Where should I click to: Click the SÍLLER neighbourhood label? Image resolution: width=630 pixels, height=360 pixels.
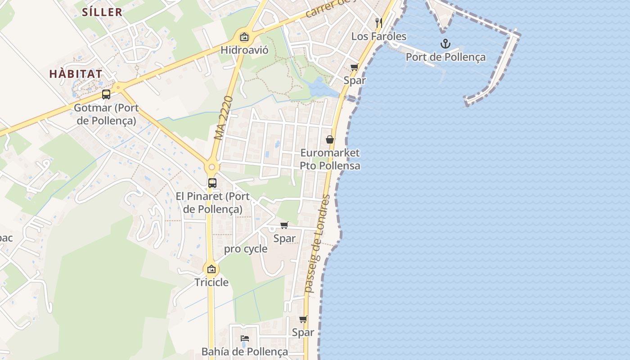coord(102,12)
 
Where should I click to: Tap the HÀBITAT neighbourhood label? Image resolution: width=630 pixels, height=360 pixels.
coord(76,74)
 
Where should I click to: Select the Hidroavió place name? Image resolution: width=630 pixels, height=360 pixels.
coord(244,50)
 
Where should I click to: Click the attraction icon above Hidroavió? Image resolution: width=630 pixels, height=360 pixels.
coord(244,37)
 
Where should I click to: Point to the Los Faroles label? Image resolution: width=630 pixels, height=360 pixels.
coord(378,36)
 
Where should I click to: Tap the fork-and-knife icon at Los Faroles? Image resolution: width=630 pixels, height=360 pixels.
coord(378,22)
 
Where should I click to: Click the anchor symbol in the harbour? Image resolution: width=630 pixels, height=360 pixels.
coord(445,44)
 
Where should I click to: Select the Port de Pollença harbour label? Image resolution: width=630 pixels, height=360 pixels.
coord(445,57)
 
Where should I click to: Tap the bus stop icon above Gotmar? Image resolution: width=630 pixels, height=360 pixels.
coord(106,94)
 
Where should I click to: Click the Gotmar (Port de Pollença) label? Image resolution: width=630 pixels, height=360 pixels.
coord(106,114)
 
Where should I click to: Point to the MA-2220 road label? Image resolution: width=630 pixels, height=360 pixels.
coord(224,117)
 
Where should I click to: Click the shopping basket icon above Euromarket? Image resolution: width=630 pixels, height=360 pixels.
coord(330,140)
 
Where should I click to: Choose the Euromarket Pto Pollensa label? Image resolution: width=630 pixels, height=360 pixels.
coord(330,159)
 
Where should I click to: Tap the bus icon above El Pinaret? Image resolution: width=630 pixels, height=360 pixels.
coord(212,183)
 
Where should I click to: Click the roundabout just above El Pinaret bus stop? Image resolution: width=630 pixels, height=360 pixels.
coord(211,167)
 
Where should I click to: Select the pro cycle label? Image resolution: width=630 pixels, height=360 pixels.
coord(246,249)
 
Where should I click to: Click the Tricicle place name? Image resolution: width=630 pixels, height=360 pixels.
coord(211,283)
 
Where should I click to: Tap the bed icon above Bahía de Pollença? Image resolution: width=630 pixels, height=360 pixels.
coord(244,338)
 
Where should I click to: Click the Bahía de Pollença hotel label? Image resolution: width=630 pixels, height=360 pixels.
coord(244,351)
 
